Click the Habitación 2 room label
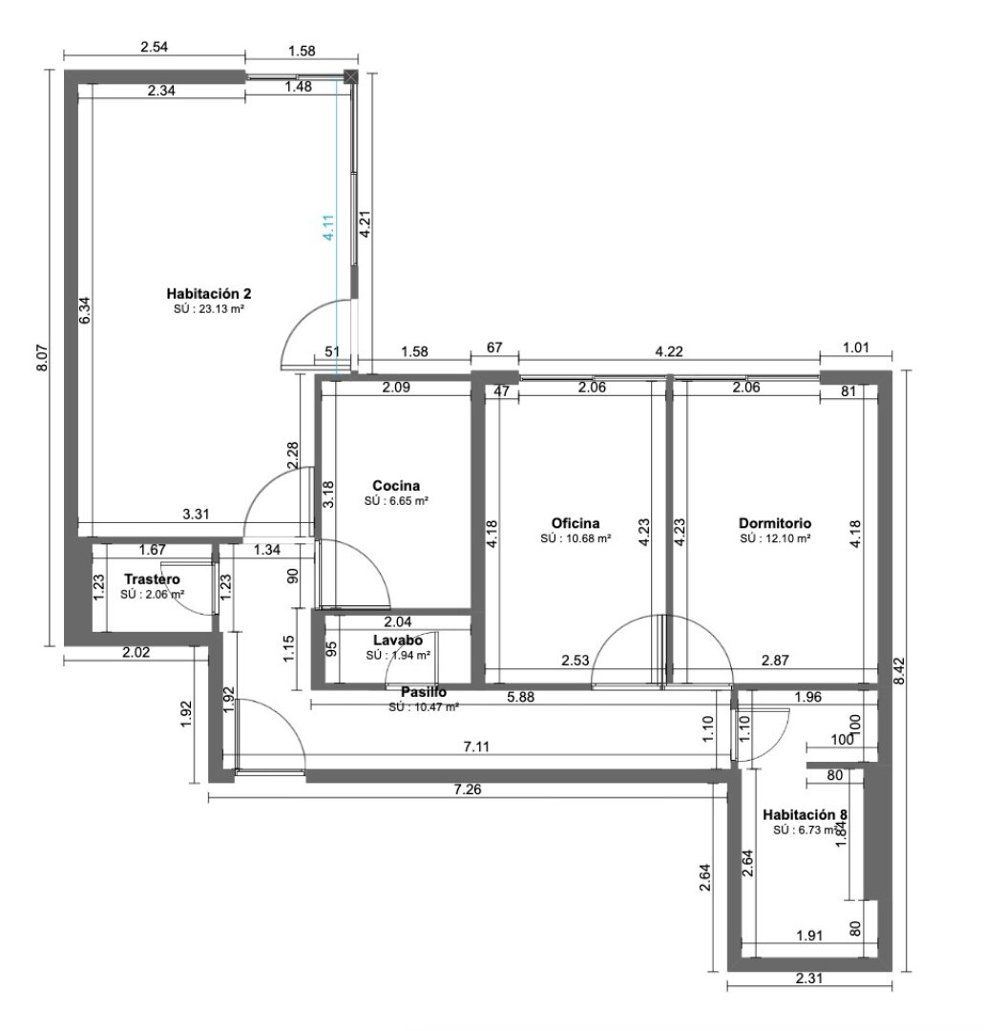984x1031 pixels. tap(208, 293)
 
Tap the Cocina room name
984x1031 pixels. tap(396, 485)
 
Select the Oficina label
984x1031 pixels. tap(576, 523)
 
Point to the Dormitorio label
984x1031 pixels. tap(775, 523)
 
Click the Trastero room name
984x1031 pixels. tap(153, 579)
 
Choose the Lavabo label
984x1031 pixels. tap(397, 641)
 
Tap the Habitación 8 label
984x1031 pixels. tap(806, 814)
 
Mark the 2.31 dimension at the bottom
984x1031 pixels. tap(808, 978)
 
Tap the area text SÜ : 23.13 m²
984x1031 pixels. tap(208, 308)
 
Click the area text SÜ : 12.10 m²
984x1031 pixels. tap(775, 538)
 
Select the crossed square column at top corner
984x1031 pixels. tap(351, 75)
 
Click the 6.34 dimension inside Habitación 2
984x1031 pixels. tap(84, 311)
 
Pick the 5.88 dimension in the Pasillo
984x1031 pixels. tap(520, 697)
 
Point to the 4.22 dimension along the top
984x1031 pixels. tap(667, 352)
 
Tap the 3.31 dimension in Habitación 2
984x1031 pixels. tap(196, 515)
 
